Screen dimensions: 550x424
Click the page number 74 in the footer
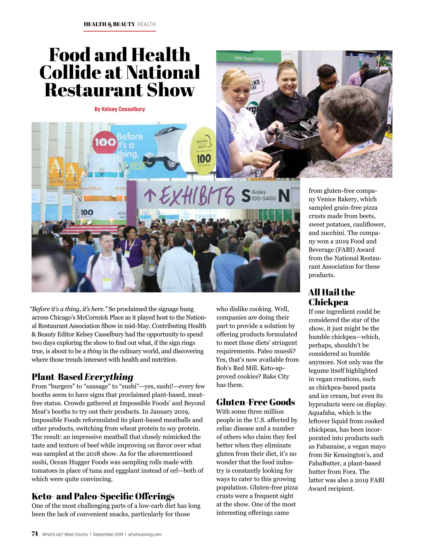coord(35,534)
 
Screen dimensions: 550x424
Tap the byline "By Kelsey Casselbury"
coord(120,109)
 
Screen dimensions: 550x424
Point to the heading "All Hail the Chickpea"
coord(332,297)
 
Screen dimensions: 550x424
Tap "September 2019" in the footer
coord(108,534)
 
